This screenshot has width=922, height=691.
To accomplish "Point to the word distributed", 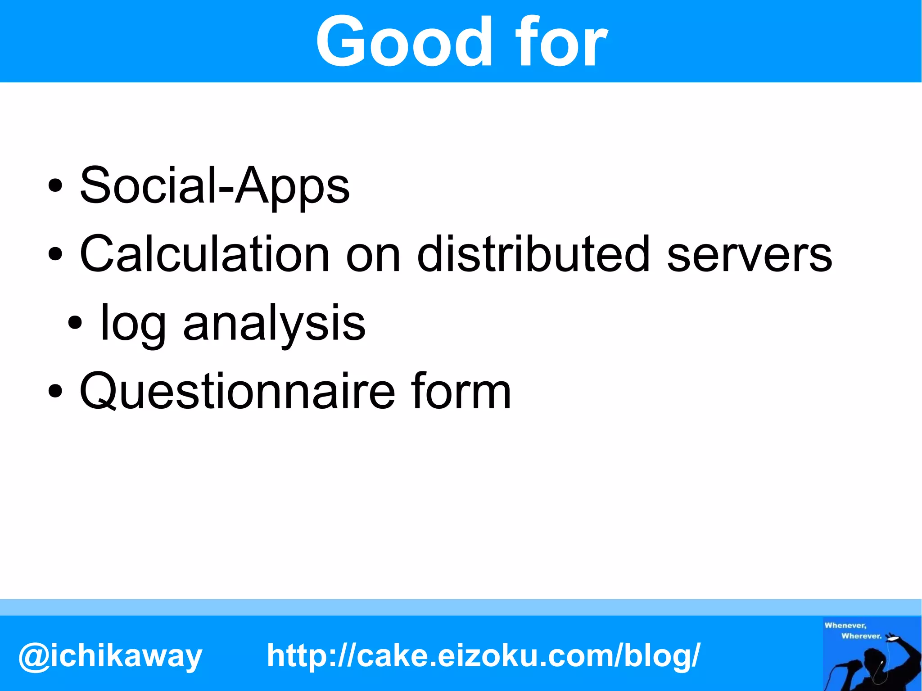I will pos(533,254).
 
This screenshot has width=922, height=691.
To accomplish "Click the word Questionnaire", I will pos(237,392).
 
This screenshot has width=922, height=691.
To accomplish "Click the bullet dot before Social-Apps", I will pos(55,185).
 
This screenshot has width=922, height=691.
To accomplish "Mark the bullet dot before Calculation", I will pos(55,254).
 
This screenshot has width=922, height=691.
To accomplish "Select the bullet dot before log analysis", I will pos(75,322).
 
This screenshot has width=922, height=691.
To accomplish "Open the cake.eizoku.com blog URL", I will pos(484,655).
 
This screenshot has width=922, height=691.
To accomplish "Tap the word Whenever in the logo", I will pos(845,625).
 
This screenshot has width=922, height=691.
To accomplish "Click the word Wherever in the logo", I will pos(861,636).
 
